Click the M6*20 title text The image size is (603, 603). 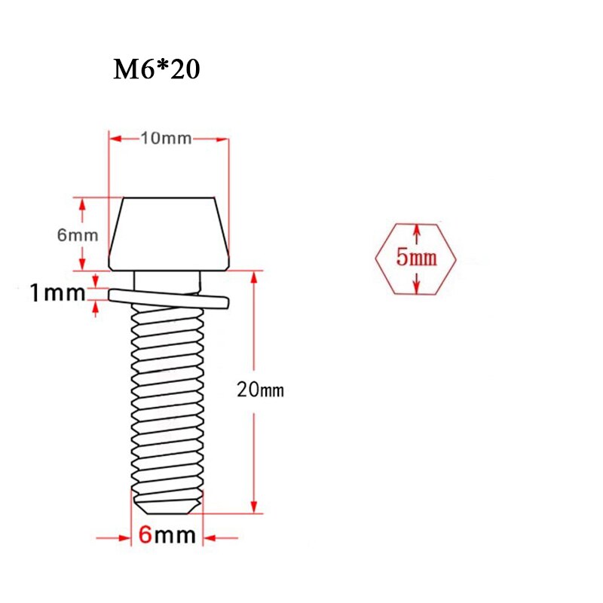pos(157,70)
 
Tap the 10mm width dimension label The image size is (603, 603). pos(166,138)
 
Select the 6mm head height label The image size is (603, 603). pos(78,234)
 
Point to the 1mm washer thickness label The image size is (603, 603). pos(57,292)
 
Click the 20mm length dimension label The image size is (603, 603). pos(260,390)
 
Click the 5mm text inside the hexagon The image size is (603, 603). pos(416,259)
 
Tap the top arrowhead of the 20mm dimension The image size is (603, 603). pos(254,277)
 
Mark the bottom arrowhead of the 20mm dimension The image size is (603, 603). pos(254,507)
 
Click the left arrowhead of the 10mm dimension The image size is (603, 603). pos(115,138)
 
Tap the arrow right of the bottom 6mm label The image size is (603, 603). pos(210,537)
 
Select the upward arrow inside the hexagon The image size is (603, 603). pos(416,229)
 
